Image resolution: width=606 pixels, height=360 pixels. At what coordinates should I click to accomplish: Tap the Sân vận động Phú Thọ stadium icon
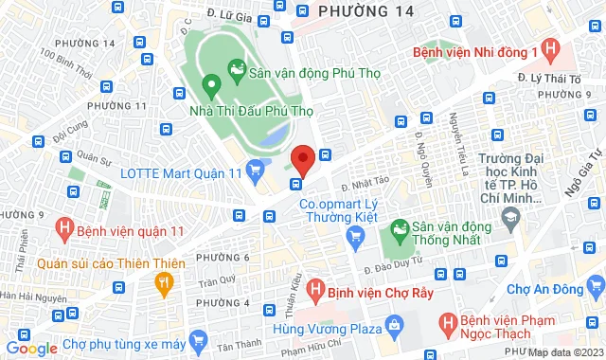236,70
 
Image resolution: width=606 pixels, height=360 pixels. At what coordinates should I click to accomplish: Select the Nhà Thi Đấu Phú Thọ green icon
209,86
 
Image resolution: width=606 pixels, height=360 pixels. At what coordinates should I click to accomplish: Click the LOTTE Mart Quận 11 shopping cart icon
254,171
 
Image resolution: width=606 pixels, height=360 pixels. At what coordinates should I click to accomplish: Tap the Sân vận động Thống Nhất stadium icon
400,228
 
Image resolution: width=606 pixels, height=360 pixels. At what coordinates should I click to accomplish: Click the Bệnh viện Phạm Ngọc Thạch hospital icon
449,325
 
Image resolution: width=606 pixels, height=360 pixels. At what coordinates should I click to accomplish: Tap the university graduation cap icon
511,219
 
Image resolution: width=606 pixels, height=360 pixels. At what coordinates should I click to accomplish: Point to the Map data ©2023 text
566,352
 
